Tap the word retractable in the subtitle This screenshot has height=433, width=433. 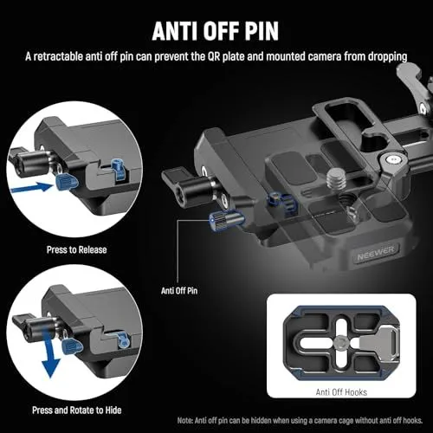(86, 57)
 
